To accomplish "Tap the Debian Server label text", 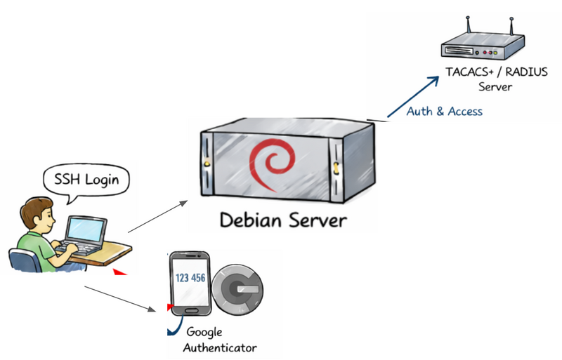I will click(x=283, y=220).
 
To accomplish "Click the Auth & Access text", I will click(x=445, y=111).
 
